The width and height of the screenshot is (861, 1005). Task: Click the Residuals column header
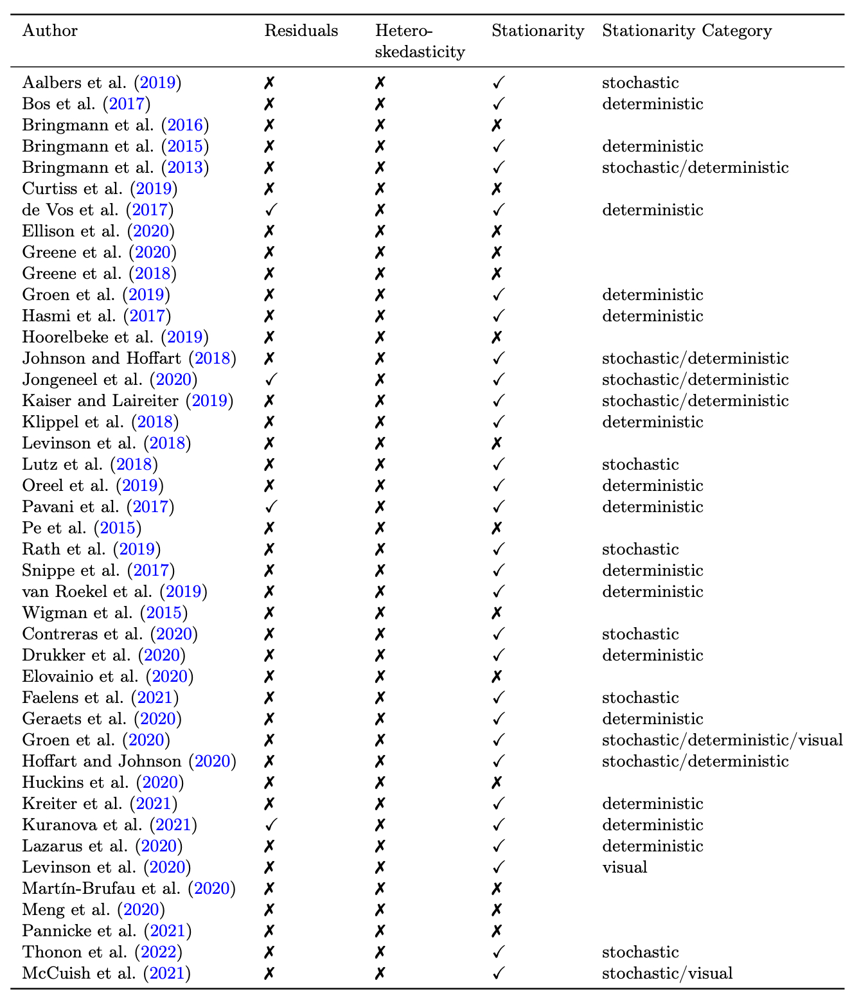[x=301, y=31]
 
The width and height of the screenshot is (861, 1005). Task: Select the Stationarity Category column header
[x=686, y=31]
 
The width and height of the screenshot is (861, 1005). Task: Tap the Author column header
[x=49, y=31]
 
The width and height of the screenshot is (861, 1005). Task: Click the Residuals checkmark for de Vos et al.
[x=271, y=210]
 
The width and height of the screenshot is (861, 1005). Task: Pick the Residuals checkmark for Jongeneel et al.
[x=271, y=380]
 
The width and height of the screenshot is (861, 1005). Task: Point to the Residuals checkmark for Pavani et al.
[x=271, y=507]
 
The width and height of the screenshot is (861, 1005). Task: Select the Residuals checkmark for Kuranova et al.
[x=271, y=825]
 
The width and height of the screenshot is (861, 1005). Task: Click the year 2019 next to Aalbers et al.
[x=160, y=83]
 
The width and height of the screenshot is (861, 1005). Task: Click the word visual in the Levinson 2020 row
[x=625, y=867]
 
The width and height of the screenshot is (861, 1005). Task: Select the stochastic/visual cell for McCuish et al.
[x=667, y=974]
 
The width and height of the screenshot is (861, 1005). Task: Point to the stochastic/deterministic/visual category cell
[x=722, y=740]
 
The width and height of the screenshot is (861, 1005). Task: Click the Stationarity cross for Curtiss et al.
[x=496, y=189]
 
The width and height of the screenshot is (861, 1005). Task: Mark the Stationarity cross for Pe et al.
[x=496, y=528]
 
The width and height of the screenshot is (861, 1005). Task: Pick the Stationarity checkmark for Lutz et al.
[x=498, y=465]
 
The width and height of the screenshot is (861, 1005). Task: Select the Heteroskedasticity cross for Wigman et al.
[x=380, y=613]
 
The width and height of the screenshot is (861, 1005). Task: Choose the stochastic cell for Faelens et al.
[x=640, y=698]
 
